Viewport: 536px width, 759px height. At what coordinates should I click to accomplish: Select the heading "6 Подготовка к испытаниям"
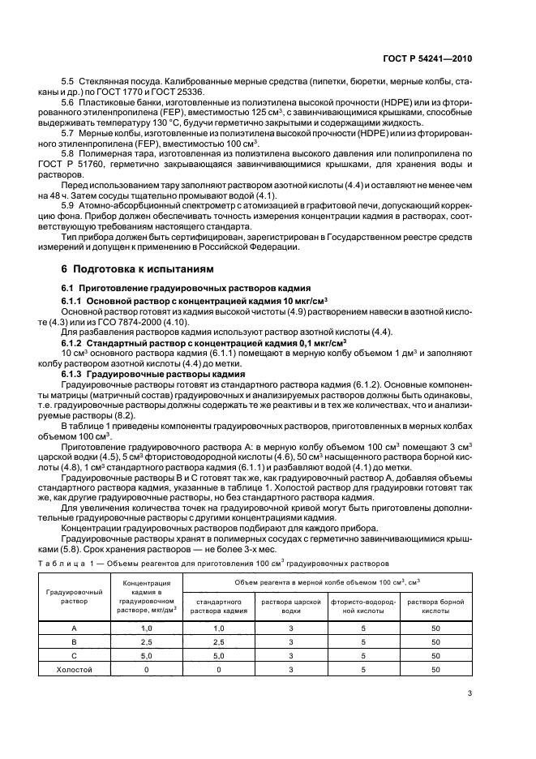(x=129, y=268)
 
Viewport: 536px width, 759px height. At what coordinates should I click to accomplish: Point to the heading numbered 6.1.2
(x=200, y=344)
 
